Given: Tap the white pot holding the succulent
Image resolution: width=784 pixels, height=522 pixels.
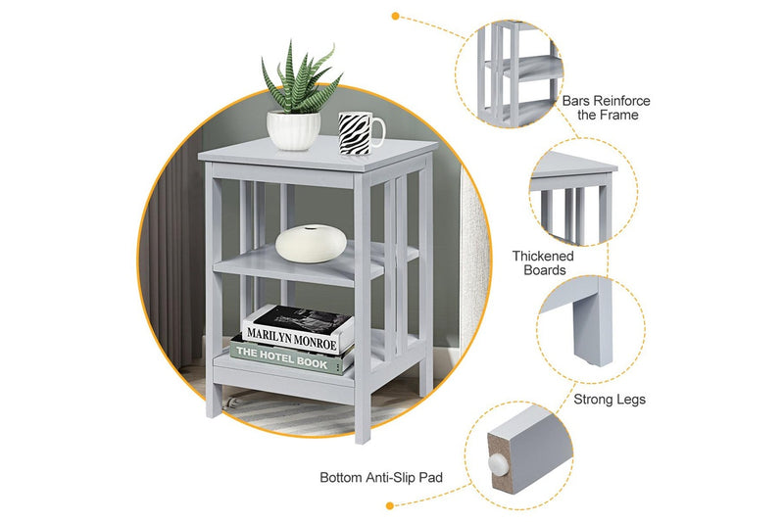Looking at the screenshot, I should coord(293,130).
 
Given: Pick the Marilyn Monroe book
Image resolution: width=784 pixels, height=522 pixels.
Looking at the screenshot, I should coord(298,330).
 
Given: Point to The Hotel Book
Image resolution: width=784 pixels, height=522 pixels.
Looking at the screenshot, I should coord(291,356).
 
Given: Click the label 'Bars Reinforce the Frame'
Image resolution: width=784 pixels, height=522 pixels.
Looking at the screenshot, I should coord(606,108).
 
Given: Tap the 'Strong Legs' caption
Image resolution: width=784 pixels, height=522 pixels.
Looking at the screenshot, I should coord(610,400).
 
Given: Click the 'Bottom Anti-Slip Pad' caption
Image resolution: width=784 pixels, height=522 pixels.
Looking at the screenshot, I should coord(381,478).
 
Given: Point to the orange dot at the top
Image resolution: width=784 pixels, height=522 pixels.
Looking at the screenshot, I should coord(395,16).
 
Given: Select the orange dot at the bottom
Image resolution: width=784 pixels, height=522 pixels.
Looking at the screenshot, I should coord(390,505).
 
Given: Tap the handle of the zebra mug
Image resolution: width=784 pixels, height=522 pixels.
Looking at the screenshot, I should coord(377,129).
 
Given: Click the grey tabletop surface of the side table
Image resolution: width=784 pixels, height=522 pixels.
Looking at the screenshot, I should coord(314,152).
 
